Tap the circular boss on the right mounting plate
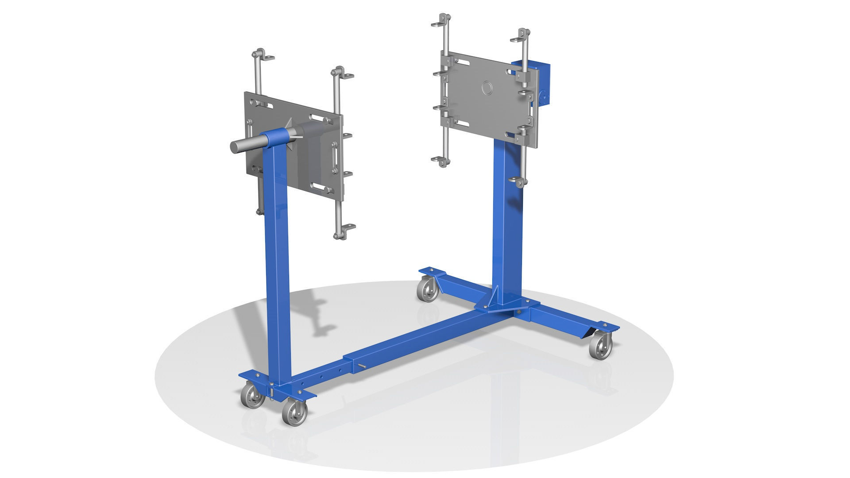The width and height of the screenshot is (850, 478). tap(487, 87)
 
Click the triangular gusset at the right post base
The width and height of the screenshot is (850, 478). tap(495, 295)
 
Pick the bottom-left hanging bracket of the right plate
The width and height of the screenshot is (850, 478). tap(440, 162)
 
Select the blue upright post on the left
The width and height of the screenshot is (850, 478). tap(278, 266)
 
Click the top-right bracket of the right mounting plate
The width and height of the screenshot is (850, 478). tap(522, 36)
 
